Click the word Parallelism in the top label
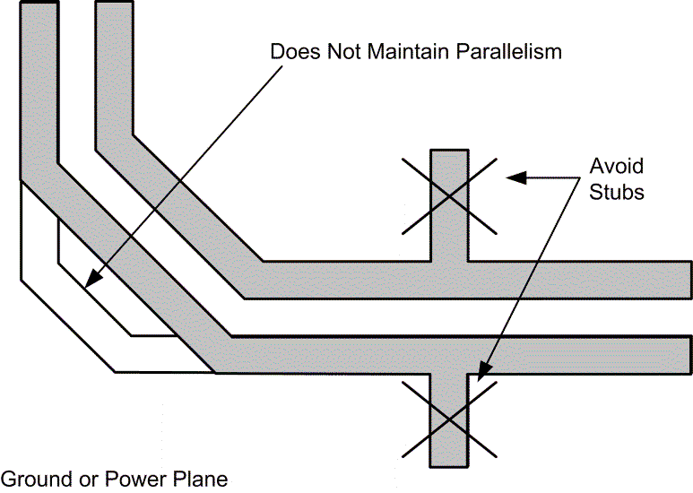(x=509, y=51)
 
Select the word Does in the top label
(x=292, y=51)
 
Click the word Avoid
(x=616, y=167)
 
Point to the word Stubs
(x=617, y=192)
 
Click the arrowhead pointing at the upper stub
(x=510, y=177)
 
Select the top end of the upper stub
(x=449, y=151)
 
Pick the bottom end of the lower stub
(x=449, y=465)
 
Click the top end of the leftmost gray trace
(x=39, y=4)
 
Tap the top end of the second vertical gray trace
(x=114, y=4)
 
